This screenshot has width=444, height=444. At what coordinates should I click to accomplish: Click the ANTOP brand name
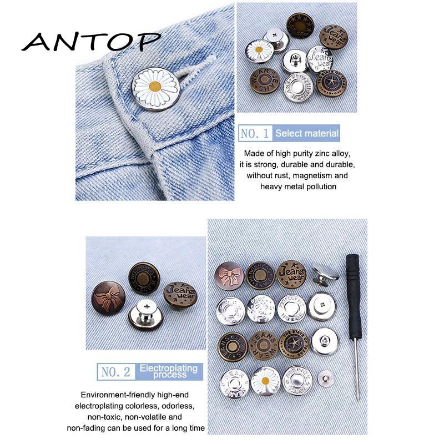pos(91,41)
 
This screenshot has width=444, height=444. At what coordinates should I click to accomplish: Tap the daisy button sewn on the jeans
pos(155,88)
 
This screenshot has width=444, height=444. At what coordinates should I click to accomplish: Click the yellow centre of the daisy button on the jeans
pos(156,87)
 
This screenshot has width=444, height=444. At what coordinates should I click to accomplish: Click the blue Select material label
pos(307,133)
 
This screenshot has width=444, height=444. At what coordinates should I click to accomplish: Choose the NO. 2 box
pos(115,371)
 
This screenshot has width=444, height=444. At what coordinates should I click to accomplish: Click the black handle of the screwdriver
pos(353,294)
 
